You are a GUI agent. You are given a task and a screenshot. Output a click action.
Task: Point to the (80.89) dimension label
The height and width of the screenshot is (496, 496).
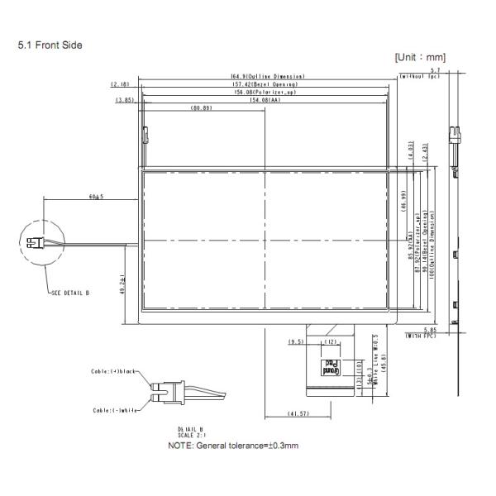click(201, 108)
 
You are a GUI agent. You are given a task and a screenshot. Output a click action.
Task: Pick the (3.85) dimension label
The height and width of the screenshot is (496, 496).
click(126, 100)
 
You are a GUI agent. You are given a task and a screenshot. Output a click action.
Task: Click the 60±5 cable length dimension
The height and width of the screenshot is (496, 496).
click(95, 198)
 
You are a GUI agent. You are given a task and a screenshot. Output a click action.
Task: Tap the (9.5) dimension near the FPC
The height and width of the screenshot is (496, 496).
click(294, 341)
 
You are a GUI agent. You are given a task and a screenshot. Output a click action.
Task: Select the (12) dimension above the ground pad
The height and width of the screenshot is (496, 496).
click(330, 341)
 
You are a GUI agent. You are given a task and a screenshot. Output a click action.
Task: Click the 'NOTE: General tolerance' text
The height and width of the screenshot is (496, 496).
click(233, 446)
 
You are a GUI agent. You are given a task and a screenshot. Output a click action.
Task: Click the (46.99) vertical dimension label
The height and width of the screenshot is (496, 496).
click(403, 202)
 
